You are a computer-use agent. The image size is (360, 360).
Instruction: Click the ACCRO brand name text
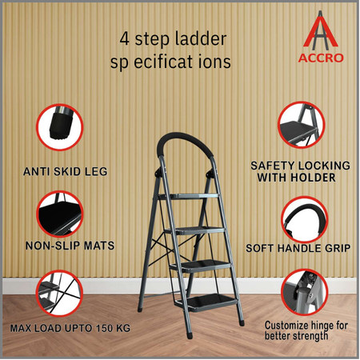(x=321, y=58)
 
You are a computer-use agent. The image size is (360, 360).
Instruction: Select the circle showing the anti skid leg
(x=60, y=127)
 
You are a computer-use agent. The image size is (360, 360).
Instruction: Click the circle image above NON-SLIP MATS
(x=60, y=214)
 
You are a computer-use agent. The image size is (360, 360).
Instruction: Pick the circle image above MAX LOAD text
(x=59, y=294)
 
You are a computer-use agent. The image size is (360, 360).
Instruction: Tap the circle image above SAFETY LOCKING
(x=302, y=125)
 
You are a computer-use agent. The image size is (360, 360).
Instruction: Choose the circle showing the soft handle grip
(x=305, y=220)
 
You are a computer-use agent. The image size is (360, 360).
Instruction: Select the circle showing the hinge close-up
(x=305, y=292)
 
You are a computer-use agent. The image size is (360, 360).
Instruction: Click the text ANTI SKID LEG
(x=66, y=171)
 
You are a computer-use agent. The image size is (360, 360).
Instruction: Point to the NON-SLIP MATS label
(x=70, y=246)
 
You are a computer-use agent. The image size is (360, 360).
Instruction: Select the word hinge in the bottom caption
(x=320, y=326)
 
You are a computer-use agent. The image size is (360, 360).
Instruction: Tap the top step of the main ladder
(x=189, y=197)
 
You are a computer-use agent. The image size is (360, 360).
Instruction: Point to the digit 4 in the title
(x=125, y=39)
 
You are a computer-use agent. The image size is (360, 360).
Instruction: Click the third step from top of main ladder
(x=201, y=266)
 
